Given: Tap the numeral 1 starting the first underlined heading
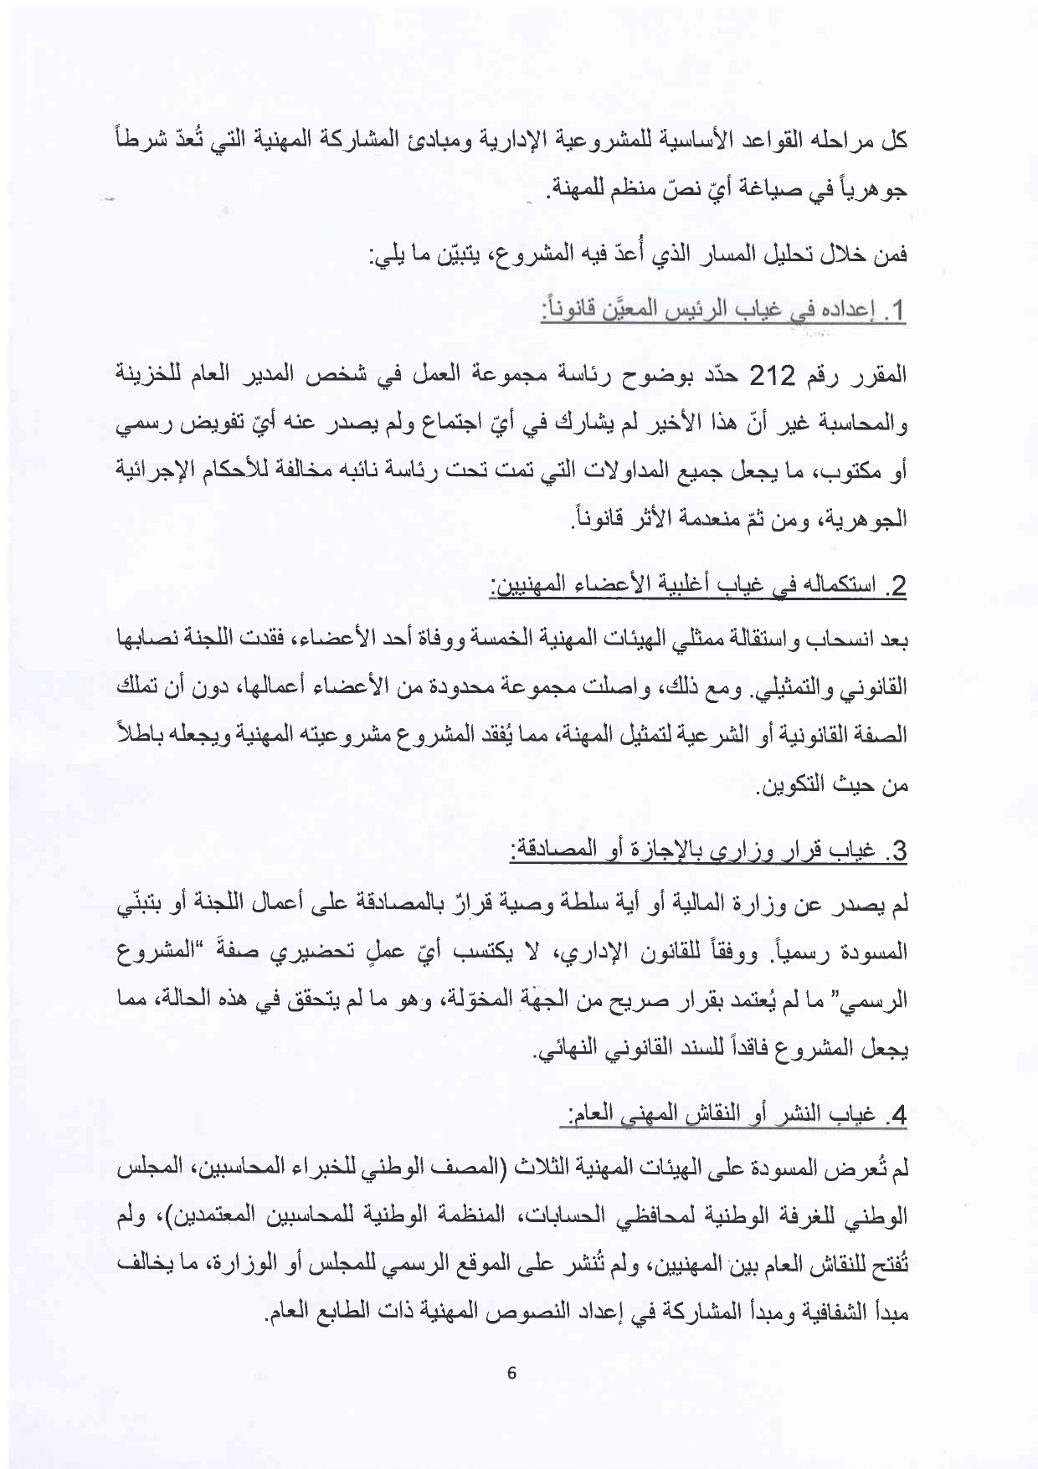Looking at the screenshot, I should (x=900, y=313).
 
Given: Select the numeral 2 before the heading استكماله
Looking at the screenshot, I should (x=899, y=585).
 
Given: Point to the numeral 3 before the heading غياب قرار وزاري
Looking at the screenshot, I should (x=899, y=852).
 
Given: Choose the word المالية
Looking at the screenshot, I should (x=725, y=904).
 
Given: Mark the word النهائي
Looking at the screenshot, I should (x=575, y=1050).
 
